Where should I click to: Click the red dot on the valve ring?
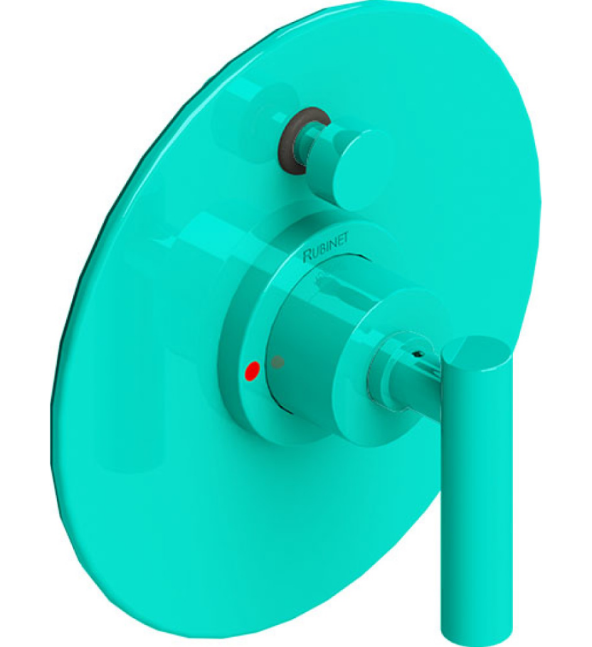coord(250,370)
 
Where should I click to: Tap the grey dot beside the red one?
coord(277,362)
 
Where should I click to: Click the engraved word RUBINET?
coord(332,247)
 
